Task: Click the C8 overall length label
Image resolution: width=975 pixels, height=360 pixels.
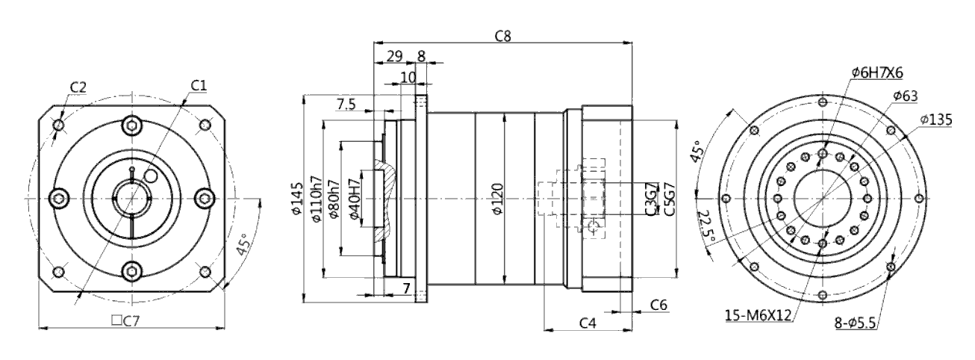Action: point(502,36)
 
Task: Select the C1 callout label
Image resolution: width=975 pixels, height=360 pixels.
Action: point(199,86)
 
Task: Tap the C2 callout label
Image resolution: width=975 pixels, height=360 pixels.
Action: point(78,87)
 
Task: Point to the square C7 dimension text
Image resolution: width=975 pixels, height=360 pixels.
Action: point(125,321)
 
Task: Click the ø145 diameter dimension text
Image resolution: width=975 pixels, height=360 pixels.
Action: point(297,199)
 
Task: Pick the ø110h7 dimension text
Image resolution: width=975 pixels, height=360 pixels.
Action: point(317,199)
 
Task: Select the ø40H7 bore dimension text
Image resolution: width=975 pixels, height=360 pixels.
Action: point(355,199)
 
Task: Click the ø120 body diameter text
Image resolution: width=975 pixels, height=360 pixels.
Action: point(497,199)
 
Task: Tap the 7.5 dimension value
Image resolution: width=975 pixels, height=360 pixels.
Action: point(346,105)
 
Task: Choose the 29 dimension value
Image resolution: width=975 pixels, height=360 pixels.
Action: point(395,56)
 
